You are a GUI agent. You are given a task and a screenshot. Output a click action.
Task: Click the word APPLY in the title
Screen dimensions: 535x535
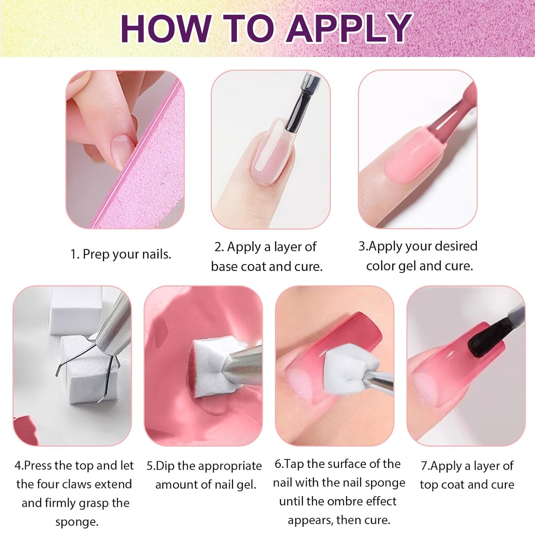(x=349, y=29)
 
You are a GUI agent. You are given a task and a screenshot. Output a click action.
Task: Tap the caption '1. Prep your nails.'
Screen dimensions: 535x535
(x=121, y=254)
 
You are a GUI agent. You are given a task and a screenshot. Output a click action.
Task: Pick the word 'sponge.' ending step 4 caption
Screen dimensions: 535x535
(x=77, y=522)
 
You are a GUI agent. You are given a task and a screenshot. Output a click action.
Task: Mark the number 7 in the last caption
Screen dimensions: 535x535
(x=424, y=466)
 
